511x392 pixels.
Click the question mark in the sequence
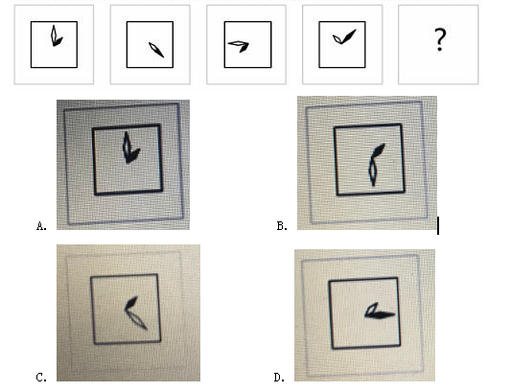click(x=440, y=39)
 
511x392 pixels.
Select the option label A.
click(x=41, y=226)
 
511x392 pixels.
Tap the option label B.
click(x=282, y=226)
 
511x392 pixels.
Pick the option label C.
click(x=41, y=378)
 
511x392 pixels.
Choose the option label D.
click(x=280, y=378)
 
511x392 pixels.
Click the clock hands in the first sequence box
click(x=56, y=36)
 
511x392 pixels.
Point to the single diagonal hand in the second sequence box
click(x=156, y=50)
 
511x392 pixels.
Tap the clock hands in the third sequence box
click(x=239, y=46)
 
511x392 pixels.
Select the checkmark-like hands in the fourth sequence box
click(x=344, y=36)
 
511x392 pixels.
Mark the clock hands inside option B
click(x=375, y=165)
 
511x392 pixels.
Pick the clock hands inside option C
click(x=135, y=312)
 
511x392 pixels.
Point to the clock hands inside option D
click(x=379, y=311)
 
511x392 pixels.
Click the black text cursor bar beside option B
click(x=438, y=226)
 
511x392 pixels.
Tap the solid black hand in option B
click(x=379, y=150)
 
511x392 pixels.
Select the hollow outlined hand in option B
click(x=373, y=172)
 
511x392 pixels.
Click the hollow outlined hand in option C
click(x=137, y=319)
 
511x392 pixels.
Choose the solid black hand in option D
click(x=381, y=315)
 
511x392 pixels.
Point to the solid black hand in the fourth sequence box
click(x=349, y=35)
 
